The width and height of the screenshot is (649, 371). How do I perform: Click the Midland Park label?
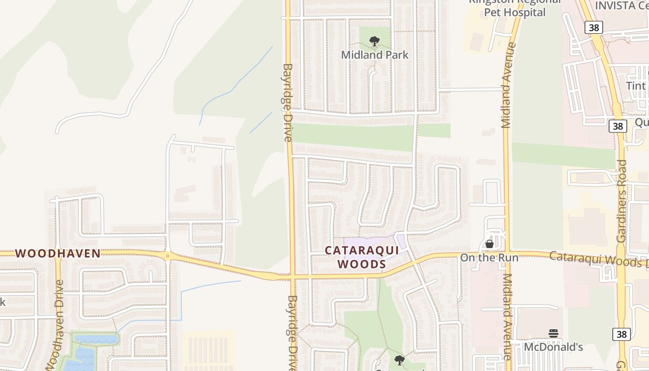375,55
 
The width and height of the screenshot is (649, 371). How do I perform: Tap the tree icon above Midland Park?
375,42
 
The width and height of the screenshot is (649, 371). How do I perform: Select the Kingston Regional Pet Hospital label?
515,8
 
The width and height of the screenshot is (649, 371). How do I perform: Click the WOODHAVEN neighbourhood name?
58,253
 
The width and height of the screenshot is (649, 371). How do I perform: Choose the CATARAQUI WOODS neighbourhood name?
362,257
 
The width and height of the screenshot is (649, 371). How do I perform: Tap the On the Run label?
489,257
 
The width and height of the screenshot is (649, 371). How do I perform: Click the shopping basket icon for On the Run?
489,244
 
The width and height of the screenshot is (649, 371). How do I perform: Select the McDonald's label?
553,347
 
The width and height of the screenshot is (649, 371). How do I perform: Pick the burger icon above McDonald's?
553,333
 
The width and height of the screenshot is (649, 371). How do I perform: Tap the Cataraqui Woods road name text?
598,259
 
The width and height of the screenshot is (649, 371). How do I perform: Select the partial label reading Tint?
636,86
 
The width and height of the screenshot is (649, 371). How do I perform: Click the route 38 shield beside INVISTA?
593,27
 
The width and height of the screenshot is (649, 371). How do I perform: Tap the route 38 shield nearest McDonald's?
621,334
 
